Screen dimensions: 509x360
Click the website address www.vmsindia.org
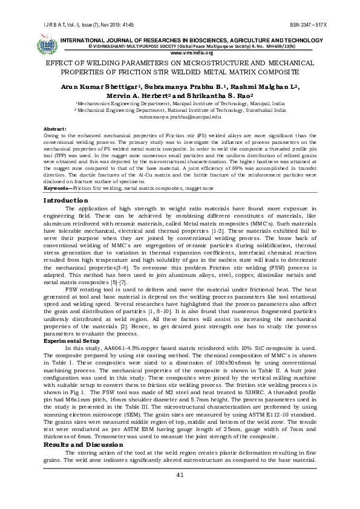point(180,53)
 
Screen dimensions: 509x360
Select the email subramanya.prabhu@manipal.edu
point(180,117)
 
